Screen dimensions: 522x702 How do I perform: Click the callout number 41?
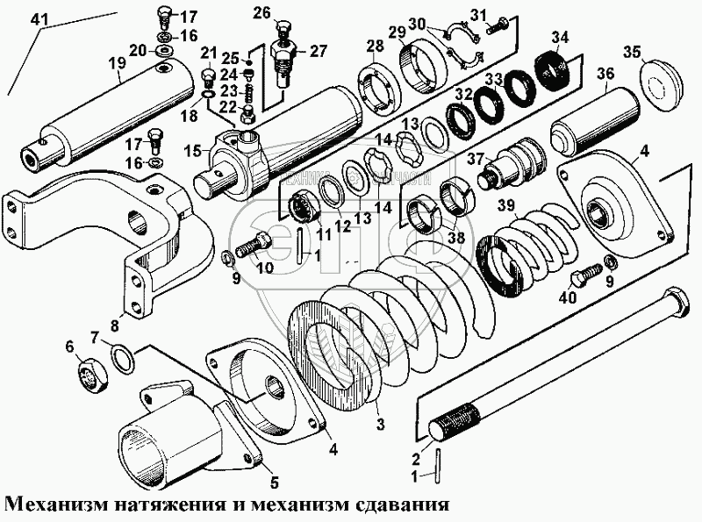(x=39, y=19)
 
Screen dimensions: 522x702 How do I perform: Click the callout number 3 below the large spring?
(x=378, y=425)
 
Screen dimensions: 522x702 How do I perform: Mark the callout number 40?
(x=569, y=298)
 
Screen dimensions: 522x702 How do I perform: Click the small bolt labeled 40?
(x=583, y=279)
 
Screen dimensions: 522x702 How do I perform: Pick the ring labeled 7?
(x=123, y=359)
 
